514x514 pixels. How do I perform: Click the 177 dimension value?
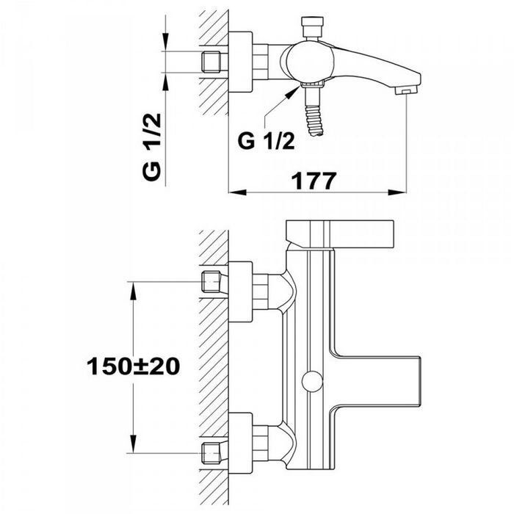click(314, 181)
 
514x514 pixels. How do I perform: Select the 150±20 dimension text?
click(133, 366)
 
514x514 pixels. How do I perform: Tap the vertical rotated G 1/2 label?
click(152, 147)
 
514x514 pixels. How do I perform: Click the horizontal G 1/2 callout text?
click(266, 141)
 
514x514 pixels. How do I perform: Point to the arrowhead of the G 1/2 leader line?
click(293, 92)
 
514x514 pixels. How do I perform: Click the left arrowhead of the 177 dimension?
click(237, 192)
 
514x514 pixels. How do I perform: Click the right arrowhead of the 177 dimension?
click(397, 192)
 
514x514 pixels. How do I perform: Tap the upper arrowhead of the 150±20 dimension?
click(133, 291)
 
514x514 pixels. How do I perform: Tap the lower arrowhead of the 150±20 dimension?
click(133, 444)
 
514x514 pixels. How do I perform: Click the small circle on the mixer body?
click(312, 382)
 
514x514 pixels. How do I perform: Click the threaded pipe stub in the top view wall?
click(211, 62)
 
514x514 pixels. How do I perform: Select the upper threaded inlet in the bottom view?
click(211, 282)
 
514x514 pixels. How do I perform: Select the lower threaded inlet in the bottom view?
click(211, 453)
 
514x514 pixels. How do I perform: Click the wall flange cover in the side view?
click(241, 62)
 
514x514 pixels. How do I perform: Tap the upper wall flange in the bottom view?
click(241, 292)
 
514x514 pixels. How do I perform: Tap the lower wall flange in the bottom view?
click(241, 444)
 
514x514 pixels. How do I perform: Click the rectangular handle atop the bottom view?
click(339, 234)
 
